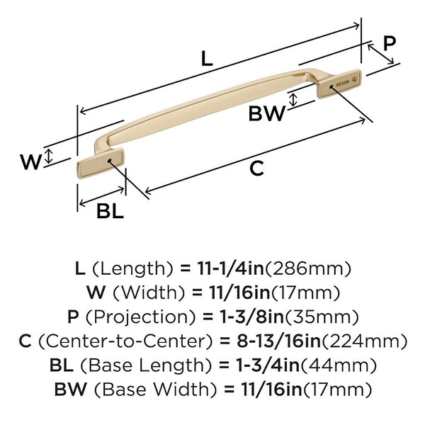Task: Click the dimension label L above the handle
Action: [206, 59]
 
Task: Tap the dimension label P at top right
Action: [389, 42]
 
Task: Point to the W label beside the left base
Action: [30, 162]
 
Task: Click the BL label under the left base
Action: [110, 210]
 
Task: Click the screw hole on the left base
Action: [109, 161]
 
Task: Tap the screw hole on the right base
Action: [331, 87]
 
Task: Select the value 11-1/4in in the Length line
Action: [223, 268]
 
